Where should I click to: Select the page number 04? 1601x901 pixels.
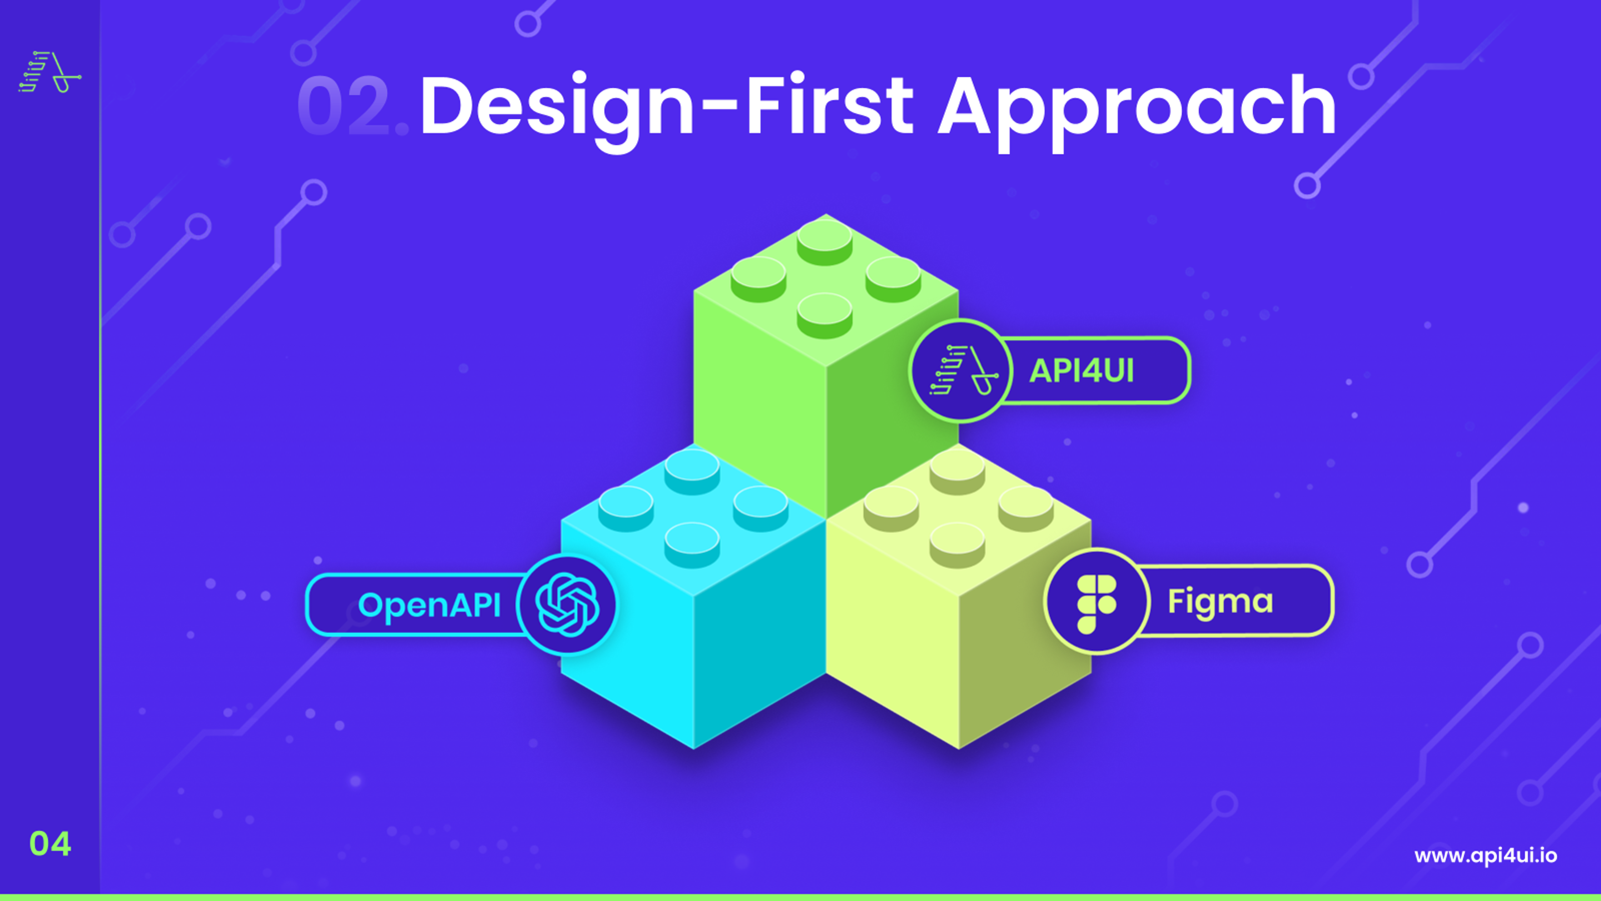(x=51, y=844)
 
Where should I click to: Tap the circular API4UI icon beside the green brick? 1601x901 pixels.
(x=961, y=371)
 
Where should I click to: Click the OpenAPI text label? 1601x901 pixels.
(x=429, y=604)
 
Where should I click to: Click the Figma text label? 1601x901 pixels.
(x=1220, y=601)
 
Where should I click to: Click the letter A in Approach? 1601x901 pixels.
(x=964, y=107)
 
